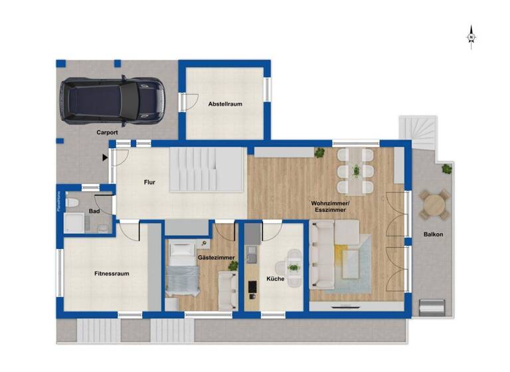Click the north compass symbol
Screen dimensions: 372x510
pos(471,37)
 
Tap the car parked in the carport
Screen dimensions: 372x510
pos(111,101)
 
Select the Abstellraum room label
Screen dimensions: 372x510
pos(225,104)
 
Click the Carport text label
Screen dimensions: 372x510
pos(107,132)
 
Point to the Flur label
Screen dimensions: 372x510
pos(149,181)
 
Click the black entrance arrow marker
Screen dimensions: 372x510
pos(105,157)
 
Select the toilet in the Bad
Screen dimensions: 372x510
pos(74,203)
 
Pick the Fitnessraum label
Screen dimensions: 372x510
pos(111,273)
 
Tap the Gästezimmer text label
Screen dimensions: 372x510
pos(216,257)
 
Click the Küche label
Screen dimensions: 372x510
pos(275,279)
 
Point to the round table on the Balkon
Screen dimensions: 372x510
pos(434,203)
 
